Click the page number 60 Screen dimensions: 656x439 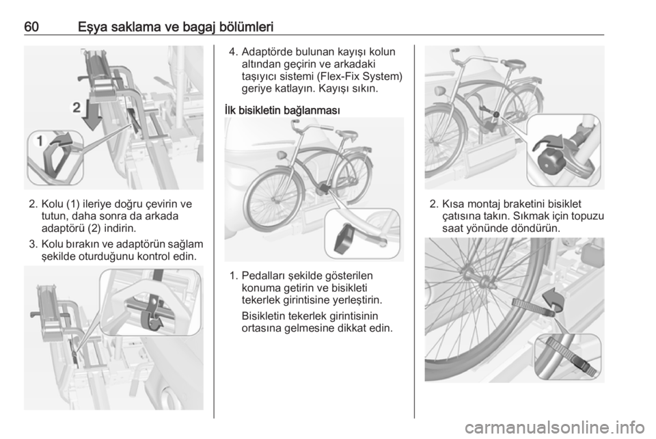31,27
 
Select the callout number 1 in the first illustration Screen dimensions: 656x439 40,141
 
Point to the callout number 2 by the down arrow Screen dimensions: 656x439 76,107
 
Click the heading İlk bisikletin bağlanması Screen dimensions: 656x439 282,111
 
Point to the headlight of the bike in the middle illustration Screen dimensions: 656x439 281,156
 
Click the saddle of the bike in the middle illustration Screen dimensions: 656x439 347,134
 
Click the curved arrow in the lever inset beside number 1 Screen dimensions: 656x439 61,141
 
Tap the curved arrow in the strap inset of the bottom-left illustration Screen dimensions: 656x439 156,324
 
